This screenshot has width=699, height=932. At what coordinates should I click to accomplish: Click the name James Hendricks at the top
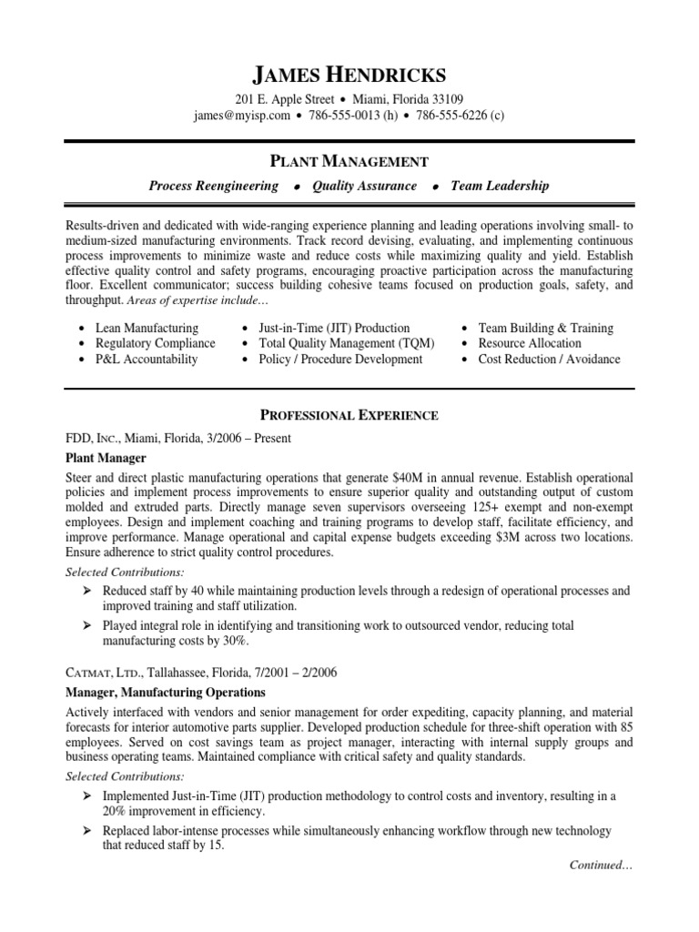coord(349,75)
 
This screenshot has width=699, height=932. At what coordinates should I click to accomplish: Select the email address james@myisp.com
coord(242,116)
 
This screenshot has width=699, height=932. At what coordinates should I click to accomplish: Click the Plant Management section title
coord(349,162)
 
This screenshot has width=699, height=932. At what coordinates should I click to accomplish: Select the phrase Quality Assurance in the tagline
coord(364,186)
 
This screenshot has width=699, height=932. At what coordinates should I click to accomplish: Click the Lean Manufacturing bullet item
coord(147,328)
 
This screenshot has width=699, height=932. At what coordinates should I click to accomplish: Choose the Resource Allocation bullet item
coord(530,343)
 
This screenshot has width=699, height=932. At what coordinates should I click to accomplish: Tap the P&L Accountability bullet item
coord(146,359)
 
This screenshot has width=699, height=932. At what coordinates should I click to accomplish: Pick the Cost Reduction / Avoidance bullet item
coord(549,359)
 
